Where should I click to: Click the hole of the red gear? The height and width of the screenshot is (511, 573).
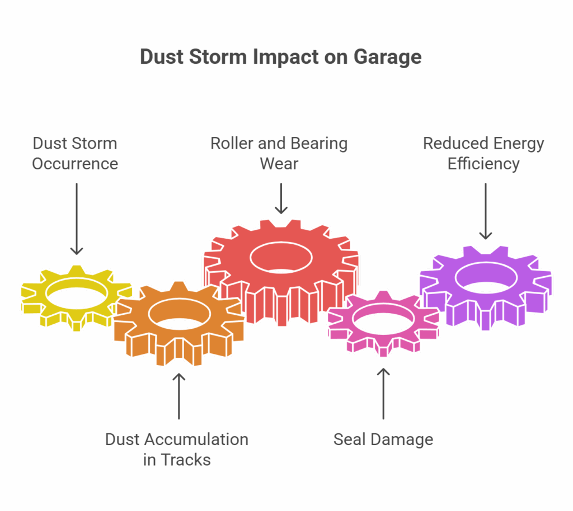click(281, 258)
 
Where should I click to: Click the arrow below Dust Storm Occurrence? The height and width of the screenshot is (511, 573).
click(76, 219)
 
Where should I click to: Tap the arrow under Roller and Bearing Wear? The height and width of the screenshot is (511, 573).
click(281, 198)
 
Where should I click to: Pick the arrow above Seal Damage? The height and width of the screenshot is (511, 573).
click(383, 394)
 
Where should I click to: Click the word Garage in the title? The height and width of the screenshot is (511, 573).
click(387, 58)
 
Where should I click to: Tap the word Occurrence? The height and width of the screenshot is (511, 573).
click(75, 163)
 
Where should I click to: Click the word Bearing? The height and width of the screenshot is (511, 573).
click(317, 144)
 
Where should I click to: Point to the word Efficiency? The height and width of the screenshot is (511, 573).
click(483, 164)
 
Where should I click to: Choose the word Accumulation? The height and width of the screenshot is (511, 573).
click(197, 439)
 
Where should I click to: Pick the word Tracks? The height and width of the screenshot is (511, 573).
click(185, 460)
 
